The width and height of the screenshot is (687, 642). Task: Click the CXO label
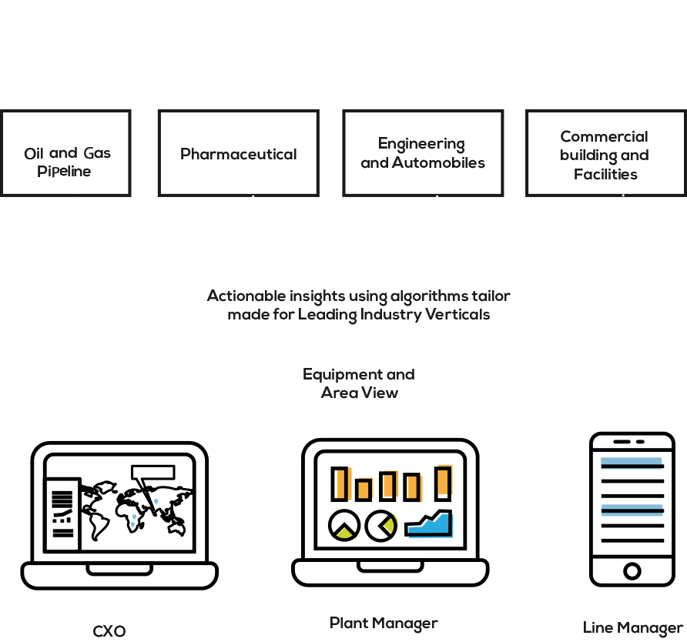coord(109,631)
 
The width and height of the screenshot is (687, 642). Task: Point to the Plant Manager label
coord(384,624)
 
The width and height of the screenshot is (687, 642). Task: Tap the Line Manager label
coord(632,628)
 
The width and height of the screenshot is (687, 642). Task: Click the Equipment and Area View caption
coord(359,383)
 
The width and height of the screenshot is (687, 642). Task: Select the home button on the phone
coord(632,571)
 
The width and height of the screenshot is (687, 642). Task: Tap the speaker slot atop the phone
coord(622,441)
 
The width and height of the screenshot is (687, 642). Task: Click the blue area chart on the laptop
coord(428,524)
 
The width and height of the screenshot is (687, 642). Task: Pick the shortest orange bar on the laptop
coord(364,490)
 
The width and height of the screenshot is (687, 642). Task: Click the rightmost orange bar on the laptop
coord(444,483)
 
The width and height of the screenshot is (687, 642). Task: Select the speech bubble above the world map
coord(153,472)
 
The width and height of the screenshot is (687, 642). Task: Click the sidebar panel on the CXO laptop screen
coord(62,514)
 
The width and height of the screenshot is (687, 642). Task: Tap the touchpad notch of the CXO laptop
coord(119,570)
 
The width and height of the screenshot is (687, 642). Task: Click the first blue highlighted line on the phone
coord(632,463)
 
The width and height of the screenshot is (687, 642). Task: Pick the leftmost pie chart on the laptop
coord(344,525)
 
